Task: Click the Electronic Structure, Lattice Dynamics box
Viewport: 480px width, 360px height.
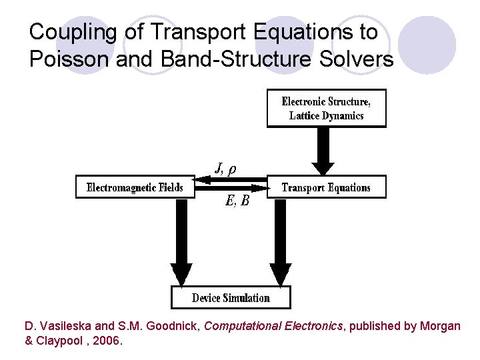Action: click(x=326, y=108)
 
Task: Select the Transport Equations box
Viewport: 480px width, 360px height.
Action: click(x=326, y=187)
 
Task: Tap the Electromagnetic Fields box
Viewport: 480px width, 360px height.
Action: click(x=135, y=187)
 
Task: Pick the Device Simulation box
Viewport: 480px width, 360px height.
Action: click(x=231, y=298)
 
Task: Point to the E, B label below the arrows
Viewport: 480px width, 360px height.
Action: click(x=237, y=201)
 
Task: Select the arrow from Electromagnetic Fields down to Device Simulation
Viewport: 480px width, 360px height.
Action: click(x=181, y=240)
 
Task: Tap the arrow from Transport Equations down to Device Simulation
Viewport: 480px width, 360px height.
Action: click(x=281, y=240)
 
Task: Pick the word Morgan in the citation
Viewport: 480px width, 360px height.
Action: click(x=440, y=327)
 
